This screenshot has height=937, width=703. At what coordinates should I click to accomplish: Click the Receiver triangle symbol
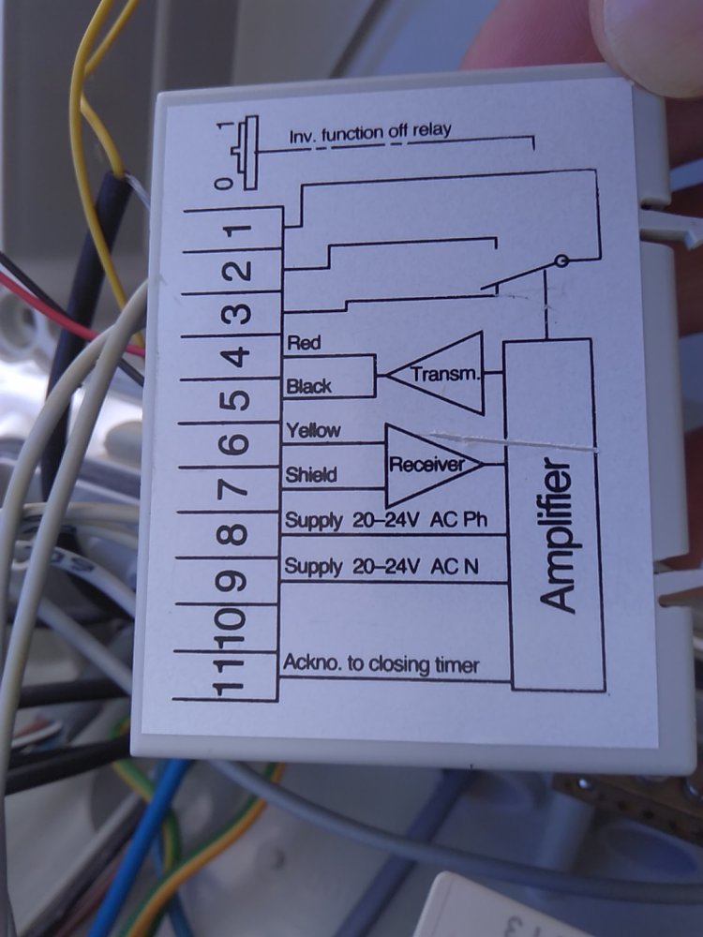431,465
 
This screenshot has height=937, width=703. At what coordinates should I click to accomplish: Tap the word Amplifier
560,536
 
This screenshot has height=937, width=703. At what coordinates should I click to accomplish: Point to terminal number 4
238,357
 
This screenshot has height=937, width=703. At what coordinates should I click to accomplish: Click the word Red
304,343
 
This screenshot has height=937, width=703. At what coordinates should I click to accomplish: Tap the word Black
308,386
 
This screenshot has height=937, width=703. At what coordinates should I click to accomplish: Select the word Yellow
314,430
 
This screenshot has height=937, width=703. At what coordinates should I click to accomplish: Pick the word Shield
310,475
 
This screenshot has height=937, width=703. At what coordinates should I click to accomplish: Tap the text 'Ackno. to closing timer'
381,665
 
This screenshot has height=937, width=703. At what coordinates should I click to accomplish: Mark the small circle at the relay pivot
561,261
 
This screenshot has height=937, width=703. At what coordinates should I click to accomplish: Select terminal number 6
237,444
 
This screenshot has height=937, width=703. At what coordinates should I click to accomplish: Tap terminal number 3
239,313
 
